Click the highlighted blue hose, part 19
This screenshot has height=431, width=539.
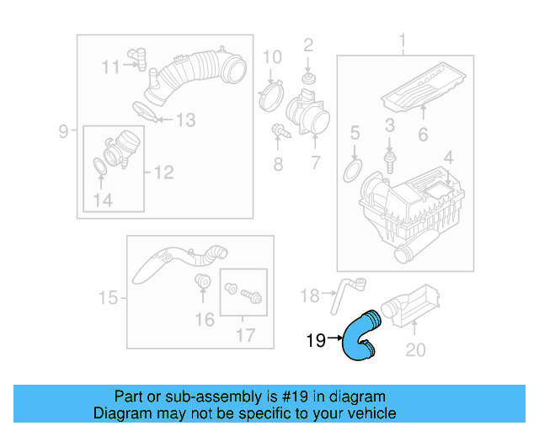point(361,336)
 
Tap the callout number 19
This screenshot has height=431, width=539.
point(316,341)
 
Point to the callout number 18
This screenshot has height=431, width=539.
point(309,295)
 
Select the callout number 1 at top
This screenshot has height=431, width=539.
point(402,40)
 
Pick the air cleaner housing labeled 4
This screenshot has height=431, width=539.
point(413,206)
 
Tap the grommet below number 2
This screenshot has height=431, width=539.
point(308,80)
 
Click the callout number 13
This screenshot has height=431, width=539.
point(184,121)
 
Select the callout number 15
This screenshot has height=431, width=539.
point(108,297)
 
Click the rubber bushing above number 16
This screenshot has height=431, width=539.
point(202,281)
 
